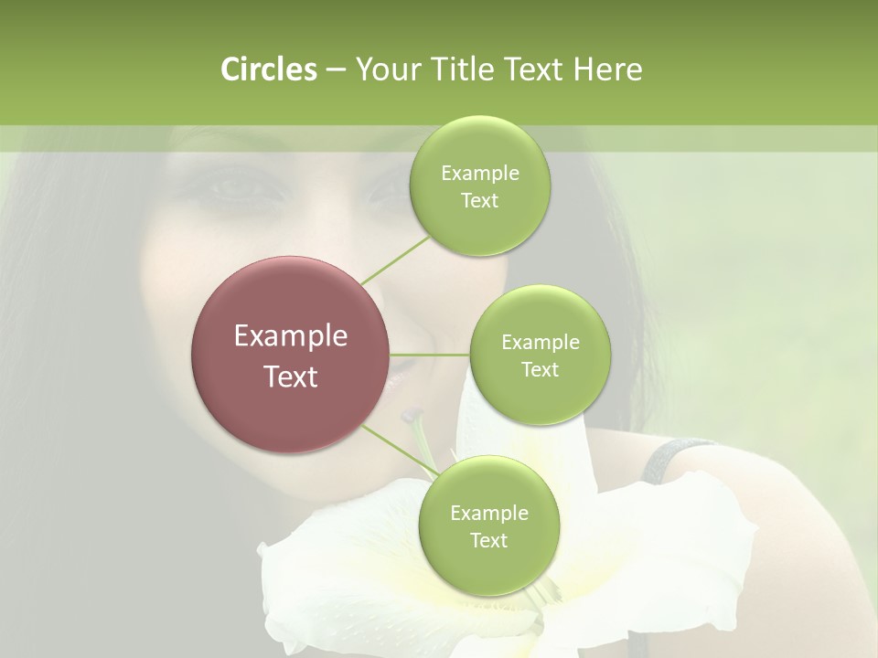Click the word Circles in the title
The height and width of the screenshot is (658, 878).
[268, 69]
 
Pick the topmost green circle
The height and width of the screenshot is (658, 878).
[479, 186]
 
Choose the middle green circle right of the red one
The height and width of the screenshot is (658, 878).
[540, 355]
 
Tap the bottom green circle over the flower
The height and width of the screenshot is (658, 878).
[488, 525]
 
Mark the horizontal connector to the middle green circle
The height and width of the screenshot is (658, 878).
[430, 355]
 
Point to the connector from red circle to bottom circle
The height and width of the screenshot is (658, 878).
[399, 449]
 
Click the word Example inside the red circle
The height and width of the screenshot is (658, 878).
[291, 335]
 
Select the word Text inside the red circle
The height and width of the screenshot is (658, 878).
[291, 376]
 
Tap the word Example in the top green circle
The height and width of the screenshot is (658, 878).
[479, 173]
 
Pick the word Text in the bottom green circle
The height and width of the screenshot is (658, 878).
[488, 540]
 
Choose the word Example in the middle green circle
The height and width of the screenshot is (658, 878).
[540, 342]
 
